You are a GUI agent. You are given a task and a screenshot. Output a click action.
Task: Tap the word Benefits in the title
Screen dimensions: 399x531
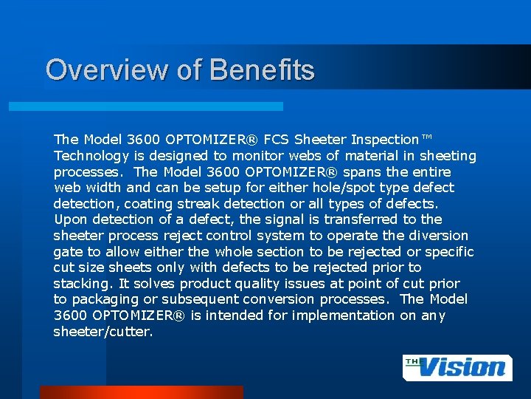tap(262, 69)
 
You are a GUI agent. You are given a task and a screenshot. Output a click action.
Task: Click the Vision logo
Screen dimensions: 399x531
tap(457, 367)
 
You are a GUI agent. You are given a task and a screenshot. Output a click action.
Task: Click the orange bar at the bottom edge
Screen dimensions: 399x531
tap(141, 392)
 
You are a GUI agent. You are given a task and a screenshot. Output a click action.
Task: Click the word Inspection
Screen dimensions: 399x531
tap(384, 140)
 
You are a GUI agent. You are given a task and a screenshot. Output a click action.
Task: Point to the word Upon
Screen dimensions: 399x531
tap(71, 219)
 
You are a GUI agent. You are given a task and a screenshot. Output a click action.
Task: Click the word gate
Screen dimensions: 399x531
tap(68, 252)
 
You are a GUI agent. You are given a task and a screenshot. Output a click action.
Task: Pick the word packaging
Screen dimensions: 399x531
tap(105, 300)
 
